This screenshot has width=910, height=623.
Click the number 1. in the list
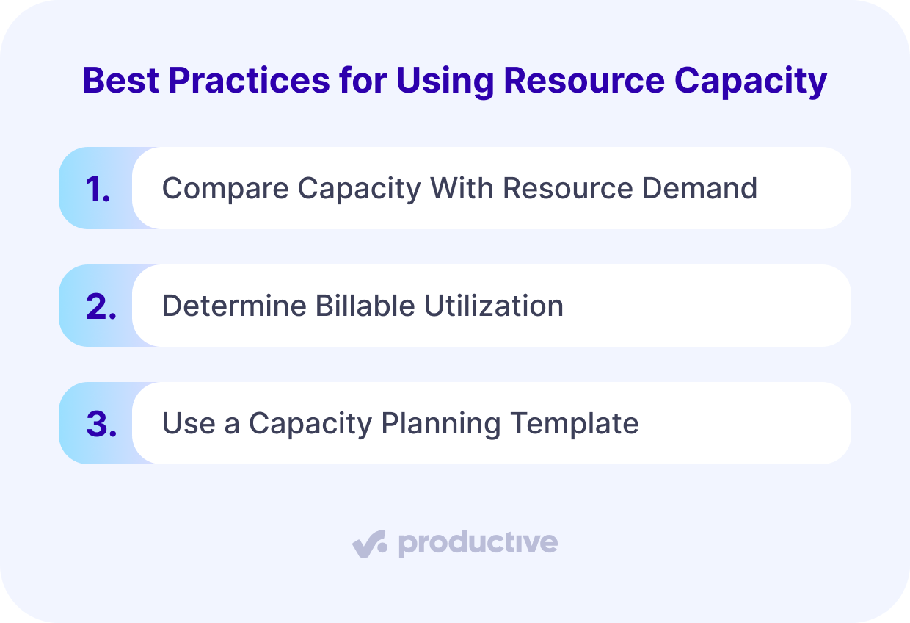(x=98, y=189)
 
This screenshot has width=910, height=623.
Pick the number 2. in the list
(x=101, y=306)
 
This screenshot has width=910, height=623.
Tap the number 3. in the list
(x=101, y=424)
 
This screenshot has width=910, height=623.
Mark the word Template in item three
(x=575, y=424)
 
